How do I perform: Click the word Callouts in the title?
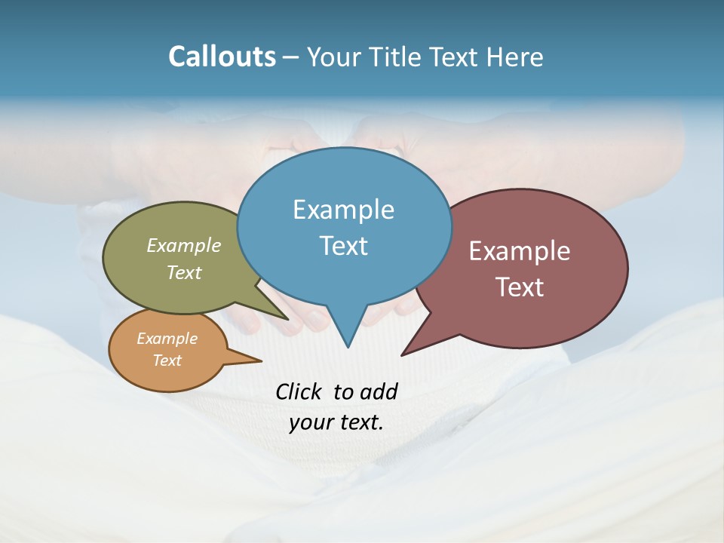click(x=222, y=57)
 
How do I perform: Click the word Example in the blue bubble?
click(x=343, y=210)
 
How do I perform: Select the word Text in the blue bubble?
click(x=344, y=246)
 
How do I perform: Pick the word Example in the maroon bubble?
click(x=520, y=251)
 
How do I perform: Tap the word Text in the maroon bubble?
click(x=520, y=287)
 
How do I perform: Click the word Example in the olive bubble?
click(x=184, y=245)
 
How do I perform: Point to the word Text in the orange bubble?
click(x=167, y=360)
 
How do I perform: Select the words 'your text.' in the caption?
click(x=336, y=422)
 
